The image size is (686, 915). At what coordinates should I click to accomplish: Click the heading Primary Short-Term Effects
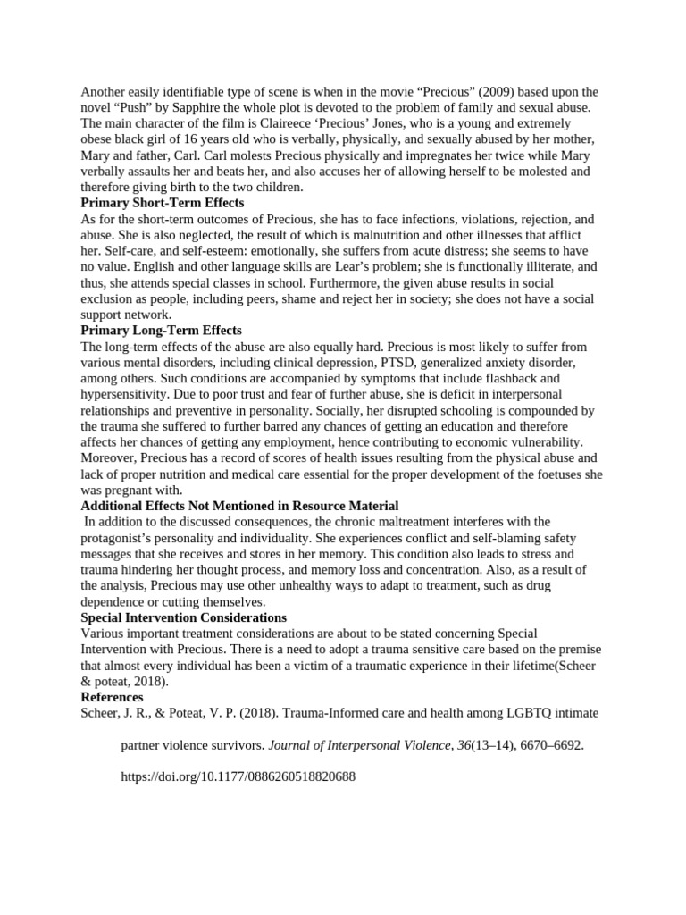coord(162,203)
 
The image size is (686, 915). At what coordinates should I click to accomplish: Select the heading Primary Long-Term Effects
coord(161,330)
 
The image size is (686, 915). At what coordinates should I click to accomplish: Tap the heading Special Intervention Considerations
coord(183,617)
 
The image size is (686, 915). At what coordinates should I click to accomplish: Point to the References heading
coord(112,696)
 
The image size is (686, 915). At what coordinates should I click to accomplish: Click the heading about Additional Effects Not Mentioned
coord(239,506)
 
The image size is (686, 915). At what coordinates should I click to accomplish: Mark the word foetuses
coord(549,474)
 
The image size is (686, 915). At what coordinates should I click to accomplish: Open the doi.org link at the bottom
coord(238,776)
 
